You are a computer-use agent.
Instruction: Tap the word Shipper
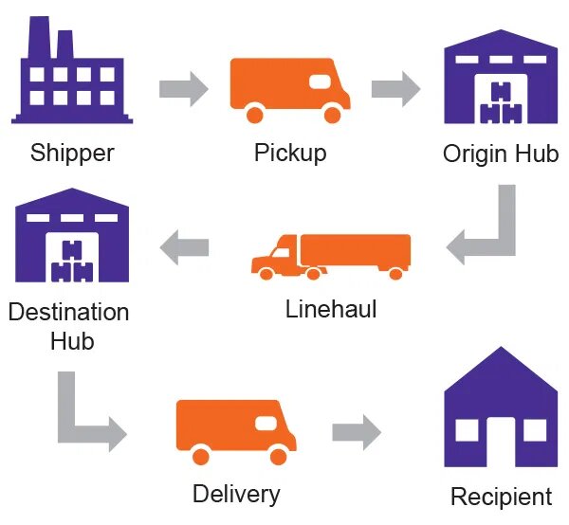[72, 153]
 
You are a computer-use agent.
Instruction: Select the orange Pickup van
[289, 89]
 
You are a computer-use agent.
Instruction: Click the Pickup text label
[289, 153]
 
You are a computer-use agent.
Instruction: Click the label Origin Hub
[501, 154]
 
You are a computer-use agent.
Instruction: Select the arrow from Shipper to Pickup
[182, 90]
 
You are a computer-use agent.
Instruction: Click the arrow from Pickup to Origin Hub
[395, 90]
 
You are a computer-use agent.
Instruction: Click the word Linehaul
[331, 309]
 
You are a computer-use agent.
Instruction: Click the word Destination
[68, 312]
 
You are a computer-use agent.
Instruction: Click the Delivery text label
[236, 494]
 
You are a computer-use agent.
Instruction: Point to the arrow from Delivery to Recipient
[356, 433]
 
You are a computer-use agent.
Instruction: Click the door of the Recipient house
[501, 444]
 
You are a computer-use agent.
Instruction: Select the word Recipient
[501, 497]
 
